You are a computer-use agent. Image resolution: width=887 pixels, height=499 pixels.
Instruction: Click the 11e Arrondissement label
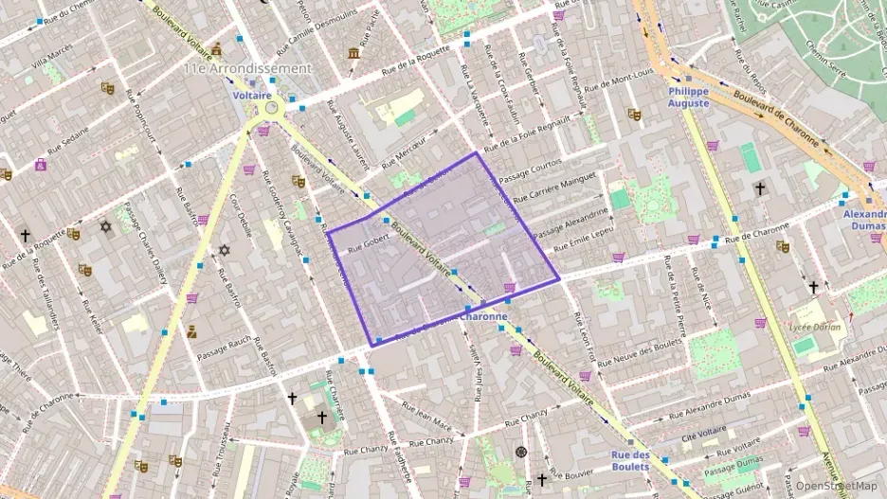click(x=247, y=69)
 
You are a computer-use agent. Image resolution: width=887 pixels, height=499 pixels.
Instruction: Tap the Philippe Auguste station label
click(x=688, y=97)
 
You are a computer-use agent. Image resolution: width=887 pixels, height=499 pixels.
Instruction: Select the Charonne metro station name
click(x=484, y=317)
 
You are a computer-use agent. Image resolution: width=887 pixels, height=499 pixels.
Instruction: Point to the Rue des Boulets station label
click(x=630, y=460)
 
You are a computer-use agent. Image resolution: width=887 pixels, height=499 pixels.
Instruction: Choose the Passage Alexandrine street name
click(x=569, y=223)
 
